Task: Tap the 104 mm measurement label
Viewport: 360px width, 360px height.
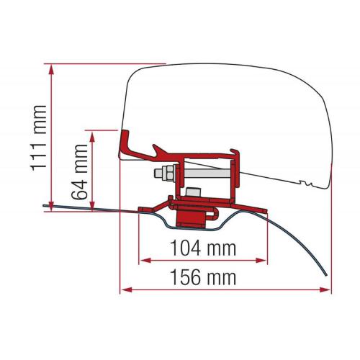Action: (x=202, y=248)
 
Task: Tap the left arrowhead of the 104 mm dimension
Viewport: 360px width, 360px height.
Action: (x=142, y=258)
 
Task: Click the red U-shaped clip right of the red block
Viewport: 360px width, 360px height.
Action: (x=213, y=213)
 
